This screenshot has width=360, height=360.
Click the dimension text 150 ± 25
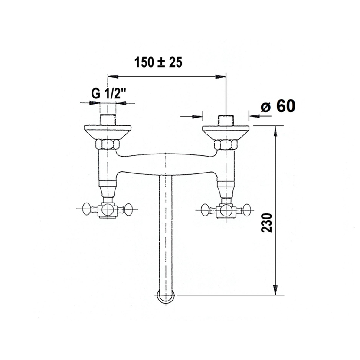pos(158,62)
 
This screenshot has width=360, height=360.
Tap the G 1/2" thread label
pos(109,93)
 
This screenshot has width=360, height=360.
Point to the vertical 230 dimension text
pos(267,223)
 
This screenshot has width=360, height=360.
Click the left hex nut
pos(108,144)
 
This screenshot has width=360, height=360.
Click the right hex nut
pos(226,144)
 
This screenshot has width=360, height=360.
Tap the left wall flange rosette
pos(108,132)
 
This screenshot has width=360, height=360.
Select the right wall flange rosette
pos(226,132)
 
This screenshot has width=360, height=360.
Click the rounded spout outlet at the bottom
pos(166,297)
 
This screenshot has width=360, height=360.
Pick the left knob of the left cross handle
pos(87,209)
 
